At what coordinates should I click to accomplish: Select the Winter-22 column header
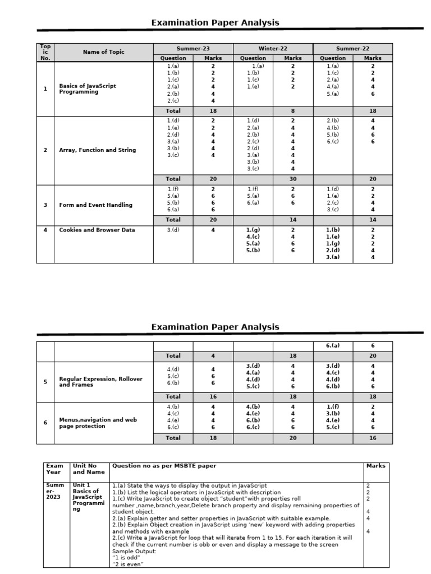coord(273,49)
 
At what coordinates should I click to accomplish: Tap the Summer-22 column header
coord(352,49)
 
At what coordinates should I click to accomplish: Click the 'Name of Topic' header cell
coord(103,52)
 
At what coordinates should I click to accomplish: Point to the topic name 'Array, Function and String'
coord(98,150)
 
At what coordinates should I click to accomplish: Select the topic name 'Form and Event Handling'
coord(96,205)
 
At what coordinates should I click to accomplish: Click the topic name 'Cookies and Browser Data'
coord(97,230)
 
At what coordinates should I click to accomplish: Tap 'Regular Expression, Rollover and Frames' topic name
coord(100,382)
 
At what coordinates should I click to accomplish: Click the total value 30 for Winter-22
coord(292,179)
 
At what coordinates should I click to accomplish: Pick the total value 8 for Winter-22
coord(292,111)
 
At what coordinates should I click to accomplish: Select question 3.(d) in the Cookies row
coord(173,230)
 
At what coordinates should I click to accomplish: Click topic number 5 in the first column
coord(45,382)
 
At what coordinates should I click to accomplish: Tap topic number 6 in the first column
coord(45,423)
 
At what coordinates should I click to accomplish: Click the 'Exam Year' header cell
coord(55,469)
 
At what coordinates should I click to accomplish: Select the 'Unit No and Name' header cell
coord(89,469)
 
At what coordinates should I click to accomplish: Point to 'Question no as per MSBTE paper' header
coord(164,466)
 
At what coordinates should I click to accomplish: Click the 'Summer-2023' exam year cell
coord(54,492)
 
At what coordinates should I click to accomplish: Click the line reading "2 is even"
coord(128,564)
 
